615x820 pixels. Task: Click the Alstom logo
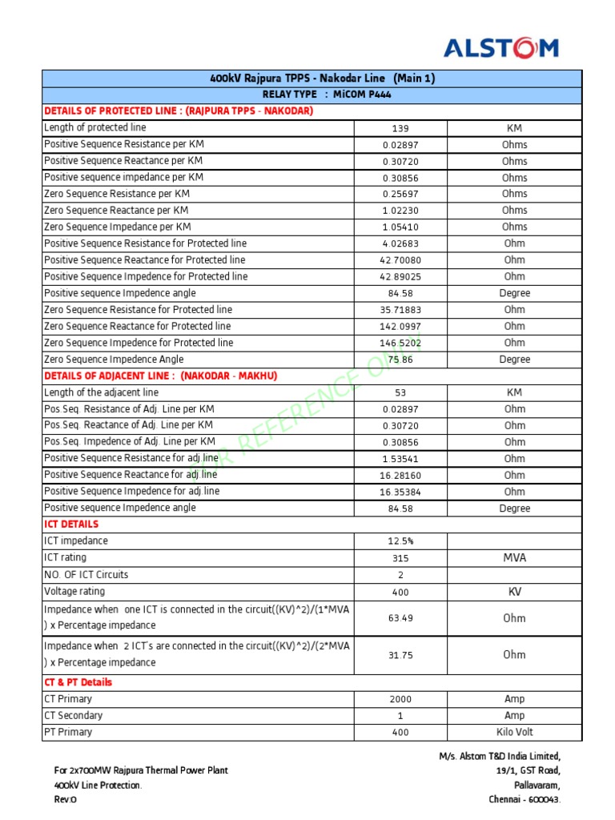pos(501,49)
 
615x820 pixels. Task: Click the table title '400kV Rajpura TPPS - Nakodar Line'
pos(322,78)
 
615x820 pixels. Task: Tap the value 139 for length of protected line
pos(400,129)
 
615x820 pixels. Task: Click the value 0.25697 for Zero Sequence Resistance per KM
pos(400,195)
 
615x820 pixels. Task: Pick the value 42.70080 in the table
pos(400,260)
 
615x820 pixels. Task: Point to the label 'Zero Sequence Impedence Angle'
pos(114,360)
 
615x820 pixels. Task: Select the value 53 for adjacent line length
pos(400,393)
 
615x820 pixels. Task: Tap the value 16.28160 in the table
pos(400,476)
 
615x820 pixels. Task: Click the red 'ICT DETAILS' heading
pos(71,525)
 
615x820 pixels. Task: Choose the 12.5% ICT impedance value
pos(400,541)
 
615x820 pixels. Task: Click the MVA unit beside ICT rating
pos(514,558)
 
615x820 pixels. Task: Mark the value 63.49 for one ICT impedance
pos(400,618)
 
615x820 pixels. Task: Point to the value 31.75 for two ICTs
pos(400,655)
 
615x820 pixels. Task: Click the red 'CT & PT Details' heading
pos(78,683)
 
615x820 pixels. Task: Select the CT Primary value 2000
pos(400,700)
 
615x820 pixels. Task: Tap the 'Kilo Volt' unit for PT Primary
pos(514,733)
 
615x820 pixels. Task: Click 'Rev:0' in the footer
pos(66,800)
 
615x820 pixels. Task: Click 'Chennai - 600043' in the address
pos(525,800)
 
